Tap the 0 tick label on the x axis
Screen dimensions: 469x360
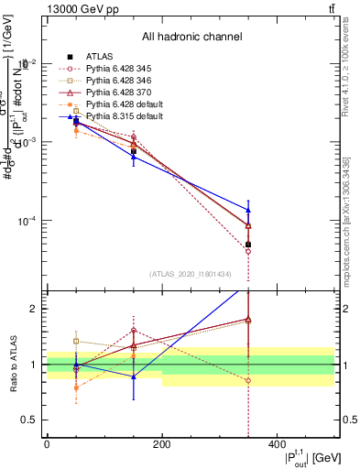point(47,444)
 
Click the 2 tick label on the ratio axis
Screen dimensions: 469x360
point(33,309)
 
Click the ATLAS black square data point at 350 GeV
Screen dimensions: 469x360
point(248,245)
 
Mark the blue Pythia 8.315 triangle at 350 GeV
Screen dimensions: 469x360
point(248,210)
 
